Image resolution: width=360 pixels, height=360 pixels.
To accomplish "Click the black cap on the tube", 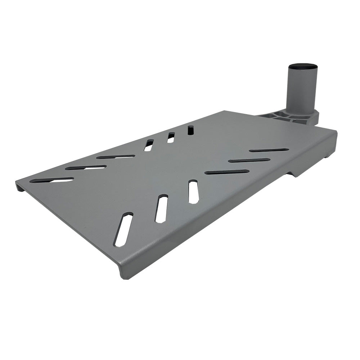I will (x=302, y=67).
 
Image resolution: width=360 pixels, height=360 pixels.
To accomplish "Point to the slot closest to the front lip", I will (x=123, y=230).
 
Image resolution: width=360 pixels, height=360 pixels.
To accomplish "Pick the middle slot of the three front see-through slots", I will (x=161, y=209).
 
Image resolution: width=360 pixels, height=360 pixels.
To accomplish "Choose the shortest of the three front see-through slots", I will (x=194, y=192).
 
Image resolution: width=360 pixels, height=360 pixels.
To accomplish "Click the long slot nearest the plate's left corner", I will (x=51, y=180).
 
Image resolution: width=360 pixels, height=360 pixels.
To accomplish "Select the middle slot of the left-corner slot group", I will (x=86, y=167).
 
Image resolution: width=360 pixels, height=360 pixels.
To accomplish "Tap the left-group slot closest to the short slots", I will (x=116, y=157).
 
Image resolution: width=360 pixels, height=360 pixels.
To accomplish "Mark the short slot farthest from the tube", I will (x=148, y=145).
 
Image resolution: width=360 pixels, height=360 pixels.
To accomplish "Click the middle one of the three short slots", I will (x=171, y=138).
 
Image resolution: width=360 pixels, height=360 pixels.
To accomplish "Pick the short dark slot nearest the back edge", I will (x=190, y=130).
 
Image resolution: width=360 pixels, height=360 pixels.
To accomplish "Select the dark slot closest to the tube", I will (x=269, y=150).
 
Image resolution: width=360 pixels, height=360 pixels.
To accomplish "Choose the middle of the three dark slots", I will (x=249, y=160).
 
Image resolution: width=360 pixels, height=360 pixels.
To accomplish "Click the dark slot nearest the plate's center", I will (x=227, y=172).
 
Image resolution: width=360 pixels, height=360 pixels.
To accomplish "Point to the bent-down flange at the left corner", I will (x=20, y=186).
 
